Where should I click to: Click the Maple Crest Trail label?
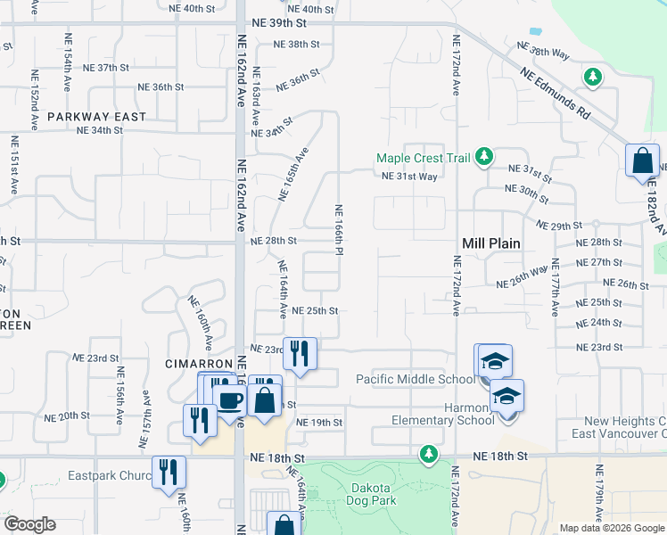(x=423, y=158)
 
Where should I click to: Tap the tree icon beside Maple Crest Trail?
(x=484, y=158)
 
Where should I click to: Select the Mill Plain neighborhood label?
(x=491, y=243)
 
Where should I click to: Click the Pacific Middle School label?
(x=416, y=379)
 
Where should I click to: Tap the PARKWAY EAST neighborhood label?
(x=97, y=117)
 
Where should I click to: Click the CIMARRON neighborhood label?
(x=199, y=365)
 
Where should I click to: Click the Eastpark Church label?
(x=109, y=475)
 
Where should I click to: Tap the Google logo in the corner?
(x=30, y=524)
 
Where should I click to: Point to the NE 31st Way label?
(x=409, y=177)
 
